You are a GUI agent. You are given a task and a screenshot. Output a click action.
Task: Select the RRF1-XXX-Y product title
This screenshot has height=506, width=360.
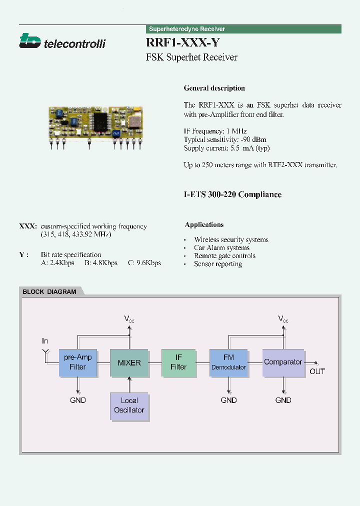[182, 43]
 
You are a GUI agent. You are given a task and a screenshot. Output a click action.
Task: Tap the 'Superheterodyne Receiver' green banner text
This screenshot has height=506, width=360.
[187, 29]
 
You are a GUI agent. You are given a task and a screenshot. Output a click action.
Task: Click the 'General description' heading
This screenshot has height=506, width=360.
[214, 88]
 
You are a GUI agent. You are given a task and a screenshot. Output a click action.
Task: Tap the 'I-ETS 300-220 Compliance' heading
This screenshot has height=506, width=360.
[232, 194]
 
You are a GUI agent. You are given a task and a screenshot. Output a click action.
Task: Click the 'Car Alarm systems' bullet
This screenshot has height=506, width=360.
[221, 248]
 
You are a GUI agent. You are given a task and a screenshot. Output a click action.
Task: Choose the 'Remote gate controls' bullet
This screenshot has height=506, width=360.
[224, 256]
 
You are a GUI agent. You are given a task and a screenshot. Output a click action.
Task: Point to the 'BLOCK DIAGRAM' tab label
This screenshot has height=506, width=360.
[49, 292]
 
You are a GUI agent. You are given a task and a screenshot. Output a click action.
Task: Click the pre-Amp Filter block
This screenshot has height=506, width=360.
[78, 362]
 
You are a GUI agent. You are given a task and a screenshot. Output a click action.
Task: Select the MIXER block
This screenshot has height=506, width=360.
[129, 362]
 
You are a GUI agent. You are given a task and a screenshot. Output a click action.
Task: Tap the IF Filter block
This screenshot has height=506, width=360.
[178, 362]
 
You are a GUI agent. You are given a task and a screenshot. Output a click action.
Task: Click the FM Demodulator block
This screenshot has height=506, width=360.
[228, 362]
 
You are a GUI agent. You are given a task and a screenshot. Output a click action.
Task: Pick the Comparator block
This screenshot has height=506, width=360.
[283, 362]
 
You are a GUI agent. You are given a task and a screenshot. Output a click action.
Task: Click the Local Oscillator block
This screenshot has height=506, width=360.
[129, 405]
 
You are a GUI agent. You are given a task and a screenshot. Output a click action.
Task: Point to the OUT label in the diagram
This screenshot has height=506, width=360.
[317, 371]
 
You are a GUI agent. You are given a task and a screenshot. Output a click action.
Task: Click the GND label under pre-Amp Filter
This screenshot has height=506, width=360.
[78, 400]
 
